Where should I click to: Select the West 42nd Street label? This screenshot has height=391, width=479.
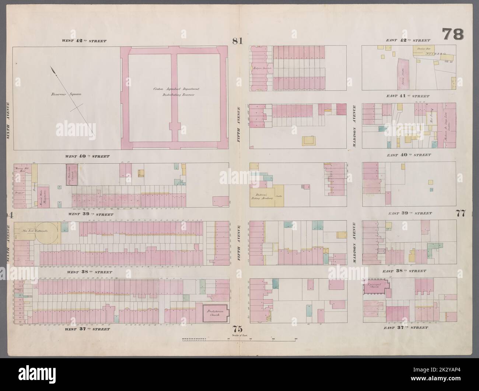(84, 41)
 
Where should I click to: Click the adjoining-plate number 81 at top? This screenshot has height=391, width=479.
(237, 41)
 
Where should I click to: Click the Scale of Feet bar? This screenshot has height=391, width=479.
(239, 340)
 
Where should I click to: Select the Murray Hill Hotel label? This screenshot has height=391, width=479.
(20, 169)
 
